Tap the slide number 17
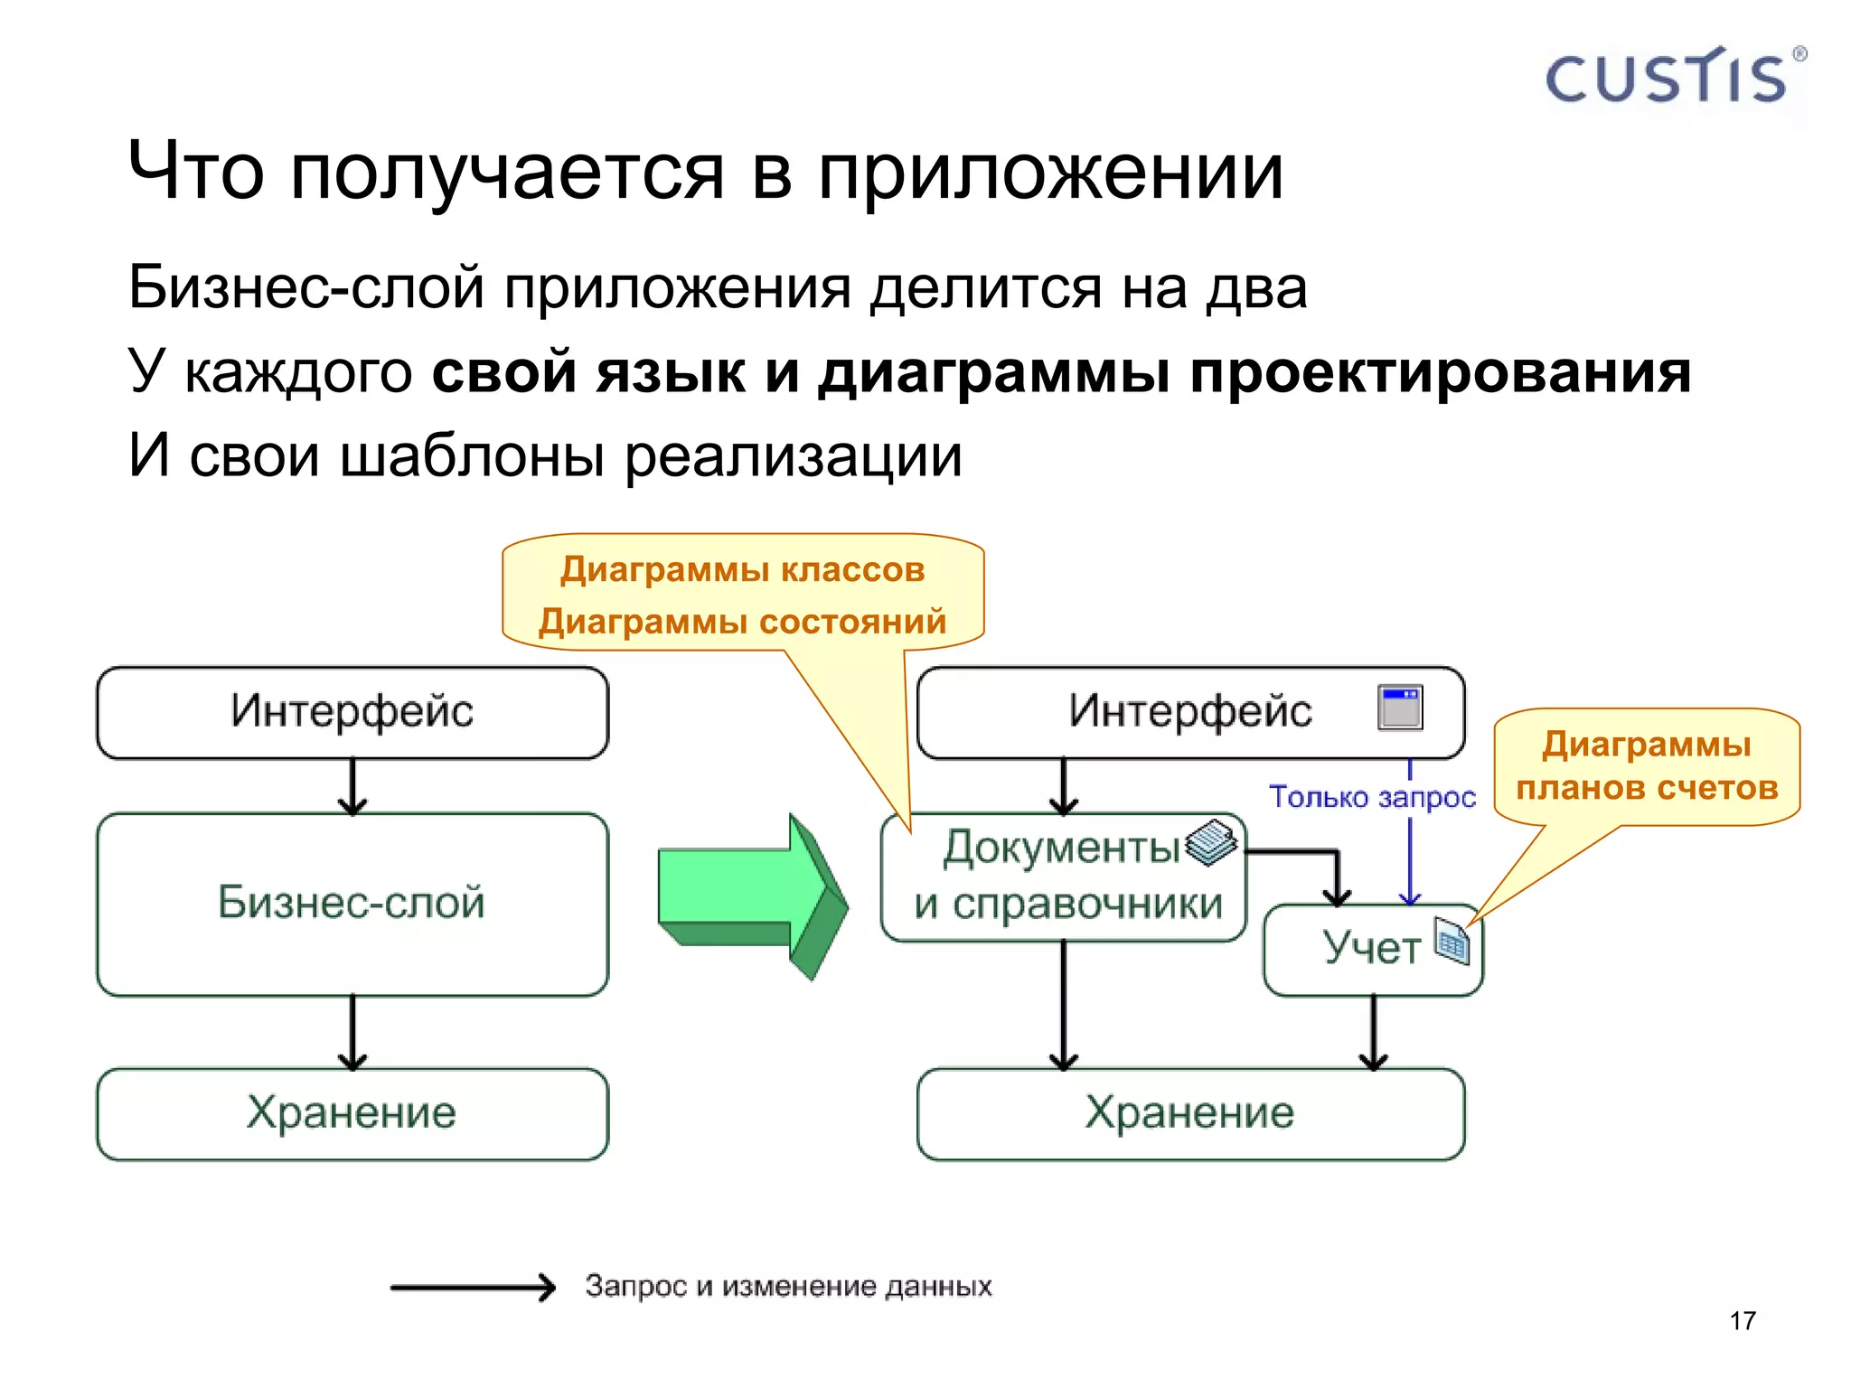click(x=1742, y=1320)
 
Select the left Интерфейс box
click(x=352, y=712)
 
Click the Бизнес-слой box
click(x=352, y=904)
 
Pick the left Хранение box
click(x=352, y=1113)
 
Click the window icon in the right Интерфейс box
click(x=1400, y=708)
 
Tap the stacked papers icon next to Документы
click(x=1210, y=842)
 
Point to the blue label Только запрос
click(x=1371, y=797)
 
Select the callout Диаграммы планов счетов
click(x=1646, y=766)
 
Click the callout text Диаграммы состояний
click(x=742, y=622)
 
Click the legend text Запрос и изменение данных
click(x=787, y=1286)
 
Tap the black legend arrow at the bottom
click(x=472, y=1287)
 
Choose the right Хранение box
click(x=1189, y=1113)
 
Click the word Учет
click(x=1371, y=948)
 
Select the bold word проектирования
click(x=1439, y=371)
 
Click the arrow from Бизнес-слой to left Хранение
click(x=352, y=1032)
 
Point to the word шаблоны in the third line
click(x=472, y=455)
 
